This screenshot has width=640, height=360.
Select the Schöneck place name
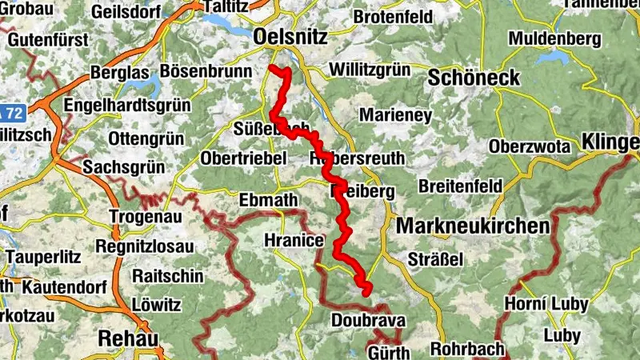tap(474, 78)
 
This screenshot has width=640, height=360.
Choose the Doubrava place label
tap(369, 321)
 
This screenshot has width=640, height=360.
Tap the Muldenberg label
tap(555, 38)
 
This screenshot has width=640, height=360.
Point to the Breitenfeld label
tap(460, 186)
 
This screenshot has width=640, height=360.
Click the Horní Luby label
tap(546, 304)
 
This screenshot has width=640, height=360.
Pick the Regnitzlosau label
tap(145, 246)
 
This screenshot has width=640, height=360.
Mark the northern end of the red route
tap(272, 68)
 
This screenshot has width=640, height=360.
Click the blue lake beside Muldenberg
tap(552, 58)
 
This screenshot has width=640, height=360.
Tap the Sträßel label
tap(436, 260)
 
